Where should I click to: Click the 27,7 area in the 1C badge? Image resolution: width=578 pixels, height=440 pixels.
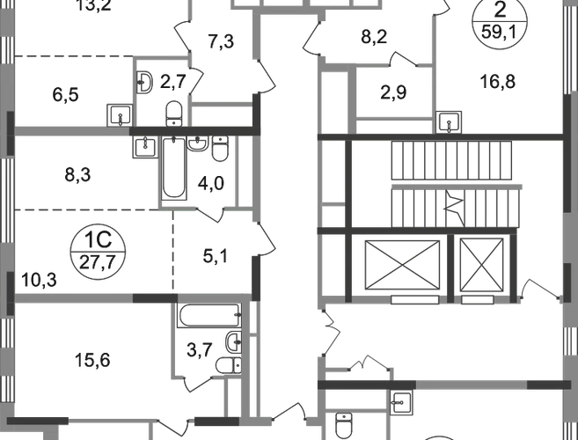click(x=98, y=262)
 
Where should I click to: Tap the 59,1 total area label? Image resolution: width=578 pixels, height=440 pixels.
click(x=500, y=33)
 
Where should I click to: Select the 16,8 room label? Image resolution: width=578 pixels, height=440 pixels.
click(x=498, y=82)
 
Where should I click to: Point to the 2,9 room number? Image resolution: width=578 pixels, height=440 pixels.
click(x=393, y=92)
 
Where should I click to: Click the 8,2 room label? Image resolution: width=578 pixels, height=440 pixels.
click(x=374, y=37)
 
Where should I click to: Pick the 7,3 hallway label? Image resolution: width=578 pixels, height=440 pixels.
click(x=221, y=41)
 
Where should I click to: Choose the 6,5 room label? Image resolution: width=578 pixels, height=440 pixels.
click(x=66, y=95)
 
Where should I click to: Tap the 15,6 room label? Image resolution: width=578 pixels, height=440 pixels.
click(x=92, y=360)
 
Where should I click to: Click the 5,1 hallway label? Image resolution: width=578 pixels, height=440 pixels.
click(x=216, y=256)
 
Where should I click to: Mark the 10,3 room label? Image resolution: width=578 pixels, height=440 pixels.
click(x=39, y=280)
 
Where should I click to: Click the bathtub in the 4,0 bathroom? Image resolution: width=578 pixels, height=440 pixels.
click(x=173, y=168)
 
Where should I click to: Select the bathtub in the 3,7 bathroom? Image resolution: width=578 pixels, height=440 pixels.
click(x=209, y=316)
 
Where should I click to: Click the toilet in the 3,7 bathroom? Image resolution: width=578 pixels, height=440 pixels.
click(x=229, y=365)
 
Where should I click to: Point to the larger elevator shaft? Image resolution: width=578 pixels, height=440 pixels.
click(x=402, y=265)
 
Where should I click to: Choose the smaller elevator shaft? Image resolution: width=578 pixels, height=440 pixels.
click(x=481, y=265)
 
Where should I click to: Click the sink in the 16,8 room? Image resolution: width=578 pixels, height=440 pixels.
click(x=449, y=122)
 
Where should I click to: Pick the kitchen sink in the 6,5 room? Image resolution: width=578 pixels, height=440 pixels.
click(x=120, y=115)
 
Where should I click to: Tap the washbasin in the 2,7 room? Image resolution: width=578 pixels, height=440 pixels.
click(x=144, y=82)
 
